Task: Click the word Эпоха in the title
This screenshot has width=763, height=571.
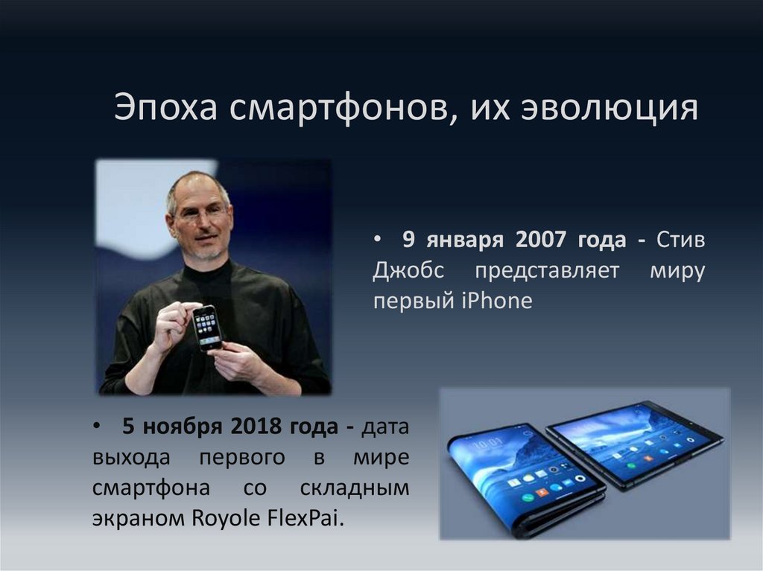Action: [x=165, y=109]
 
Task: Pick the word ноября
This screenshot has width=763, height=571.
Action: [x=183, y=428]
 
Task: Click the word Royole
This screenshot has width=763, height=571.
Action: [x=221, y=519]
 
